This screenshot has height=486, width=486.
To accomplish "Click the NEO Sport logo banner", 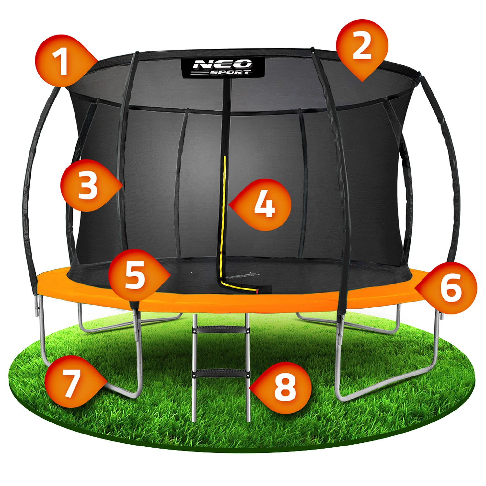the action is pyautogui.click(x=223, y=67).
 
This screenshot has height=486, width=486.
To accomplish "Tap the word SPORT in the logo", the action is pyautogui.click(x=230, y=72).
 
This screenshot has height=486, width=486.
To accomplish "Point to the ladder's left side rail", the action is pyautogui.click(x=195, y=368).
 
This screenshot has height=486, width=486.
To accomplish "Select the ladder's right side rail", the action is pyautogui.click(x=248, y=368).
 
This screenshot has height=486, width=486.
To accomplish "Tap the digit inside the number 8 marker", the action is pyautogui.click(x=285, y=388).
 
